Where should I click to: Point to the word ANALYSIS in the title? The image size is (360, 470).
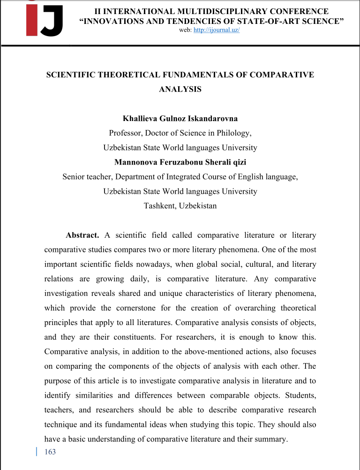click(180, 89)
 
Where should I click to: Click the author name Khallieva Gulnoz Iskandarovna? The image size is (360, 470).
click(180, 119)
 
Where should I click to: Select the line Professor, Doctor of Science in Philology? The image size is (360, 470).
click(180, 133)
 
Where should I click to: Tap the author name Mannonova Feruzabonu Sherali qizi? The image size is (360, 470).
click(180, 162)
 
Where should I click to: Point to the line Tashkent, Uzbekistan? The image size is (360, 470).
click(180, 205)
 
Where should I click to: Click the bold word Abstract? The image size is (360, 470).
click(82, 235)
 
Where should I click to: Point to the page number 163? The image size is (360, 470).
click(49, 452)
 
